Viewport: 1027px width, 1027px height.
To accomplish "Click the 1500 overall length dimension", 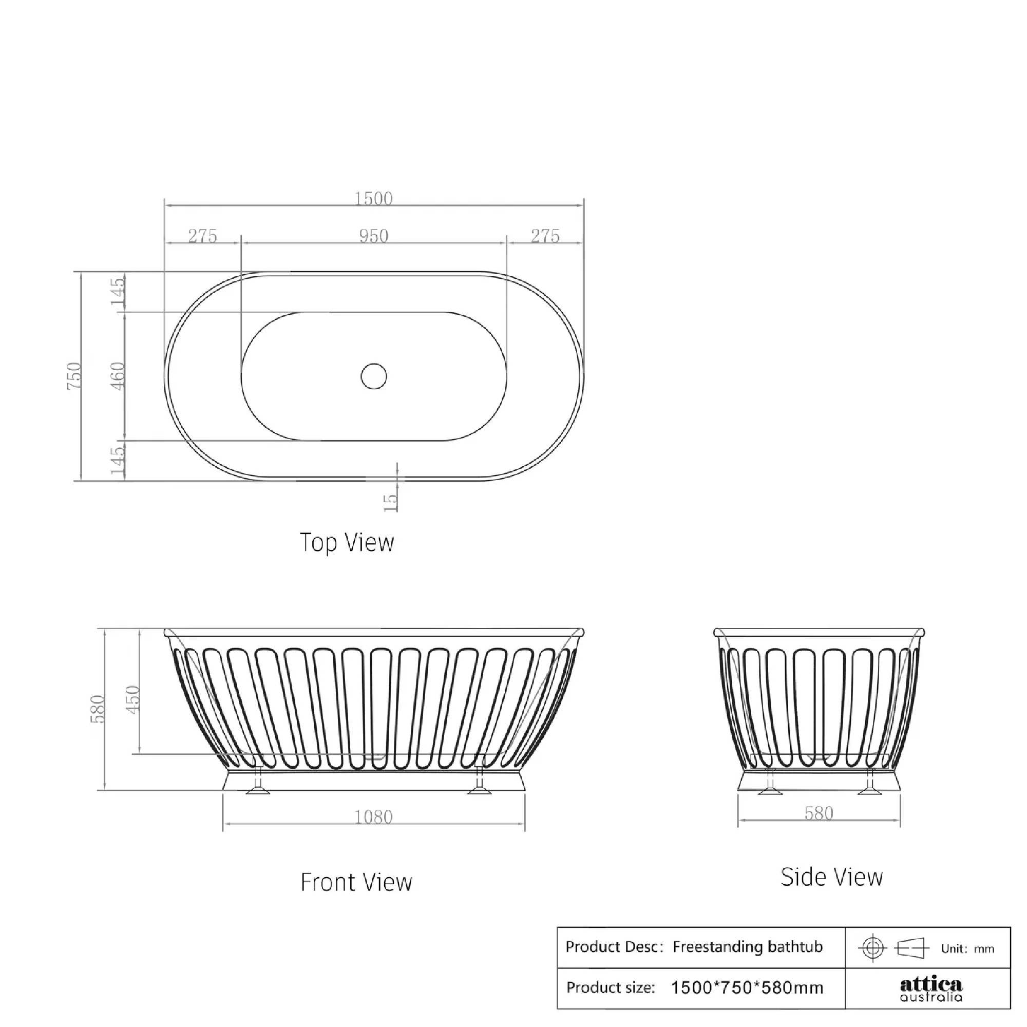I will [373, 199].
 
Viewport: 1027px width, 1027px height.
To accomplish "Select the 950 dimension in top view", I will [373, 236].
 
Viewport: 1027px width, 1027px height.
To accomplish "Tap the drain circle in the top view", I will [374, 376].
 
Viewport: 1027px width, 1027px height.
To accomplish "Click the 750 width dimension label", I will [74, 376].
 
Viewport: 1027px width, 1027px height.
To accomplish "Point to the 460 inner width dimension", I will [118, 376].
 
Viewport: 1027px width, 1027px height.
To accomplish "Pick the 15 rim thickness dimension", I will [390, 502].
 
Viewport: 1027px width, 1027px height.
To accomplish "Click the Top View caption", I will [347, 543].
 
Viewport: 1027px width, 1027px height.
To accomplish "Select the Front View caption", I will [356, 882].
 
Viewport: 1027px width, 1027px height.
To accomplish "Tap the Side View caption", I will [831, 877].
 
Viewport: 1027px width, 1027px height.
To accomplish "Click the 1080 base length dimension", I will [373, 816].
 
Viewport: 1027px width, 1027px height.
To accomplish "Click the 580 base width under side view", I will [819, 813].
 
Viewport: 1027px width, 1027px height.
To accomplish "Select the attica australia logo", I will [931, 990].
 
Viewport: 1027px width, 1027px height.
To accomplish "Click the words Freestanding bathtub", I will [747, 947].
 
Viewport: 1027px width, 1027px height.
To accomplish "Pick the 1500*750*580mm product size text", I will [747, 987].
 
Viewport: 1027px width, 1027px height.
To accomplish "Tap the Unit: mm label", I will [967, 949].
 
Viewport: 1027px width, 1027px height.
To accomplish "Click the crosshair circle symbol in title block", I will [872, 948].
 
